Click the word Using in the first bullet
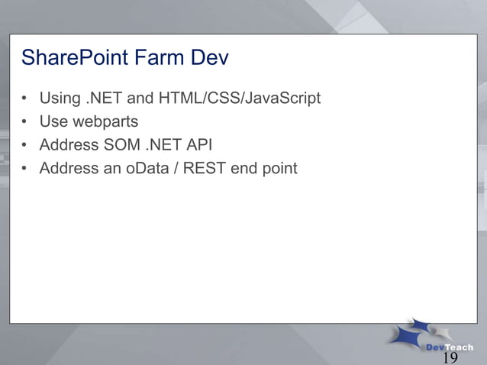(59, 99)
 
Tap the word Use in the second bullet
(53, 121)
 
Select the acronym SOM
(122, 144)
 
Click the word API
(198, 144)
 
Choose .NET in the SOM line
(162, 144)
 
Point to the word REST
(206, 168)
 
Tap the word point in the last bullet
(278, 168)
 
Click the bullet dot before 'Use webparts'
(25, 122)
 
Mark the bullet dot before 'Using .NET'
(25, 99)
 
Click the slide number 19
(450, 358)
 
